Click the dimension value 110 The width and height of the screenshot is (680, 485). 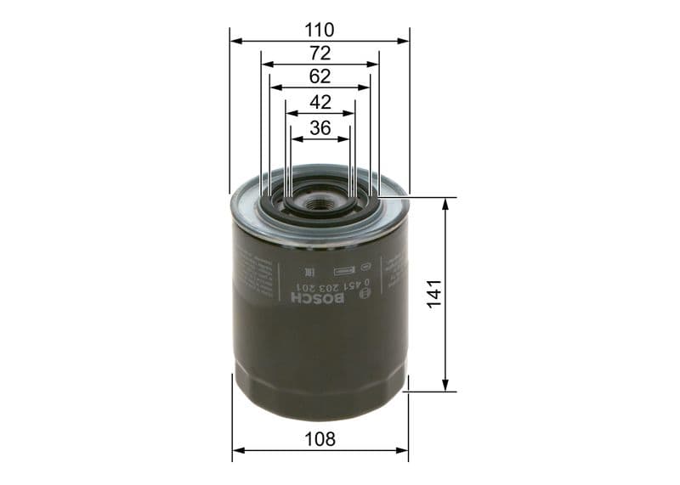[x=320, y=30]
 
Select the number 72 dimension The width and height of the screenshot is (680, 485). [x=320, y=54]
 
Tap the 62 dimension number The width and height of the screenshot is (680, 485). [x=320, y=76]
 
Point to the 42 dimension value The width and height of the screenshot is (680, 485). [x=320, y=102]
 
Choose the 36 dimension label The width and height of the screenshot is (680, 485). [x=320, y=128]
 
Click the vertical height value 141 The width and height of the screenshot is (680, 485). [x=435, y=294]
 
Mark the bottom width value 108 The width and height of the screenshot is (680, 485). [x=320, y=439]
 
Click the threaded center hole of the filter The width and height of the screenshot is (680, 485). [x=320, y=203]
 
